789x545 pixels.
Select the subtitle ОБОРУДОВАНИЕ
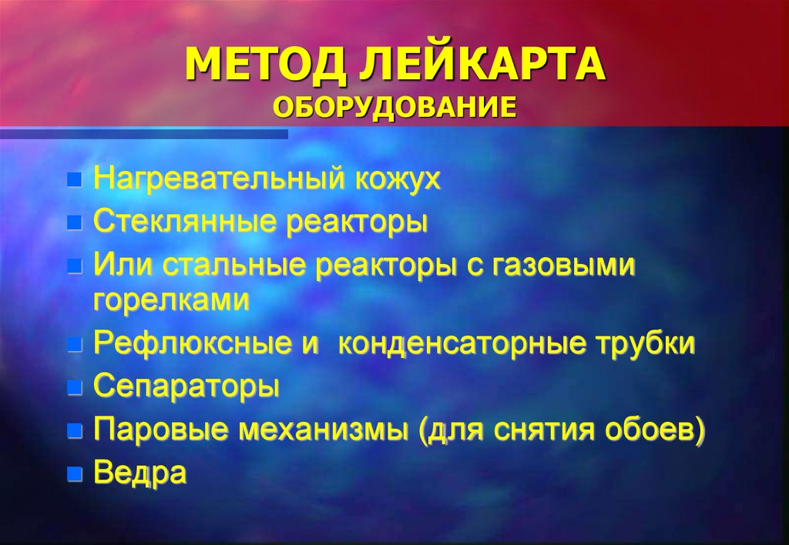point(394,107)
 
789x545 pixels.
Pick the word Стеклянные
point(185,223)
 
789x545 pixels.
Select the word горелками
point(171,300)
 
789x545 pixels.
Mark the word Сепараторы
point(186,386)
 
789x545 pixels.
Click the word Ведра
point(139,472)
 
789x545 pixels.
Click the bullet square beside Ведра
point(74,473)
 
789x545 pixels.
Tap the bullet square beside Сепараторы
point(74,388)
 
